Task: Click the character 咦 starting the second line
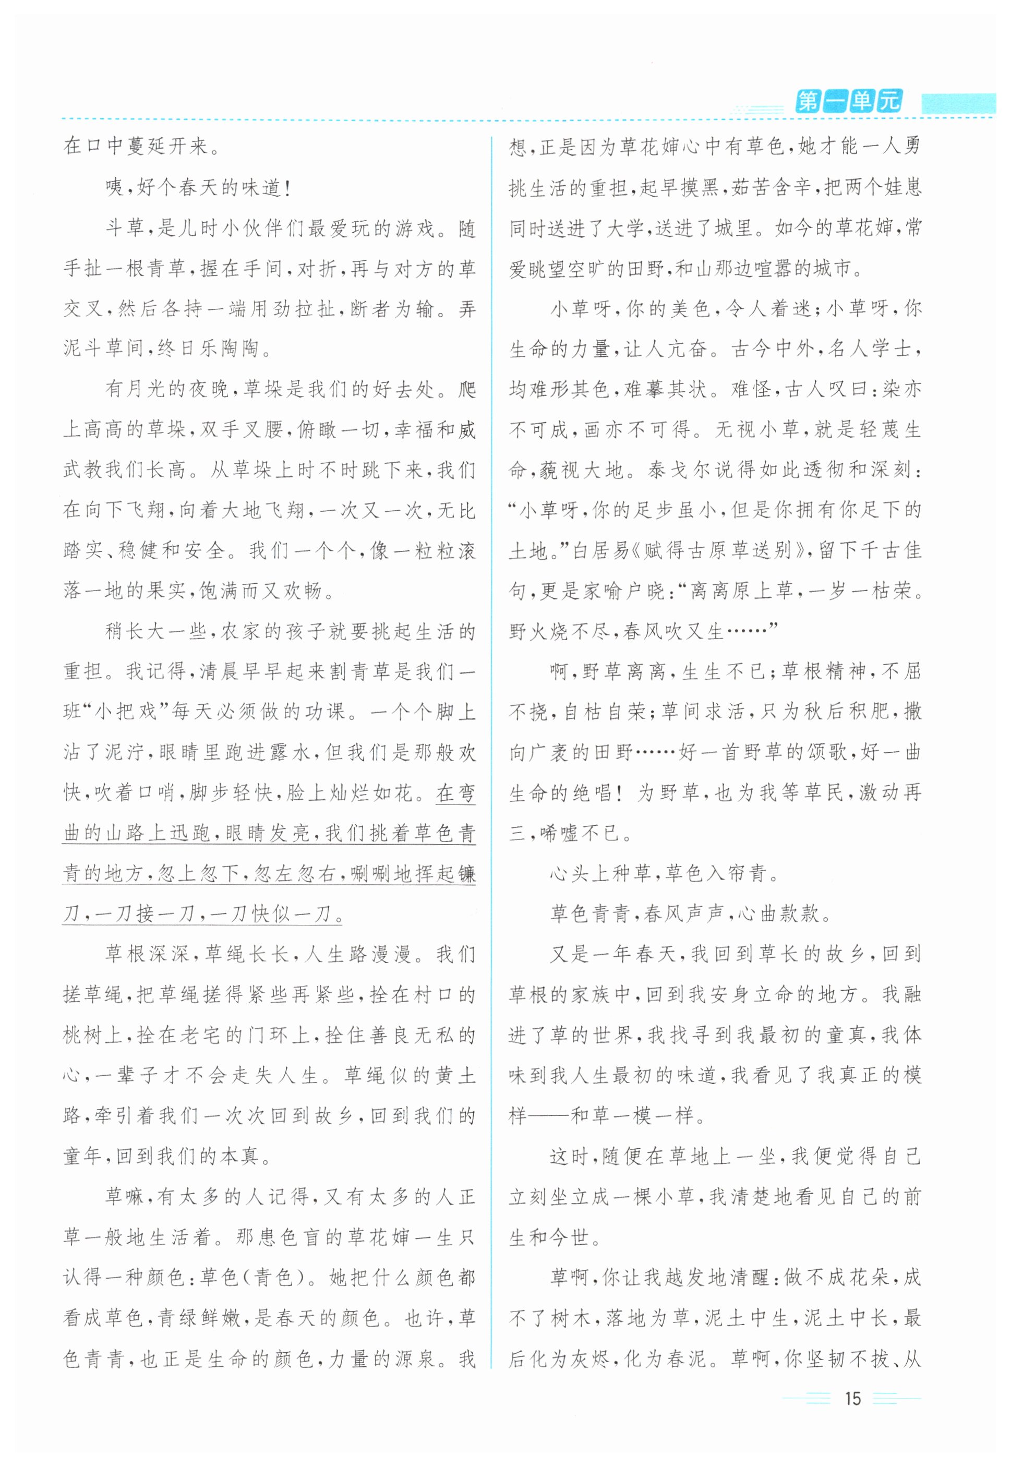(115, 188)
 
